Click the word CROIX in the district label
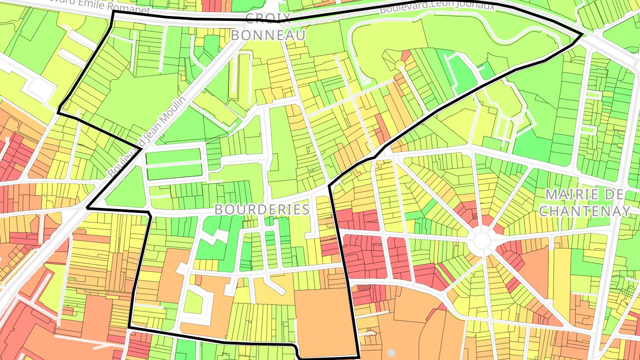(268, 18)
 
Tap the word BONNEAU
(268, 35)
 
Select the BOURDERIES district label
(262, 209)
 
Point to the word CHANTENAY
(585, 211)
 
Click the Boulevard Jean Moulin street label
(146, 137)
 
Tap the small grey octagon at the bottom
(391, 353)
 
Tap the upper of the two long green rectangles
(173, 156)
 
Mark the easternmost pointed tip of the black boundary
(583, 34)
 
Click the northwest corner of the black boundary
(113, 12)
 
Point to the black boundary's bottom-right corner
(358, 356)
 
